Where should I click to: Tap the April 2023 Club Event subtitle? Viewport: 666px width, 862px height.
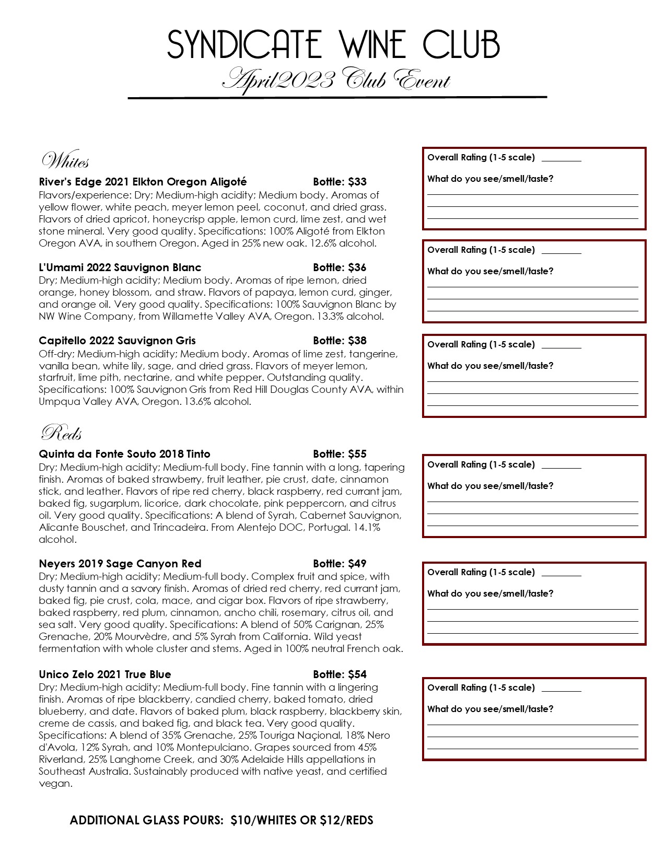pyautogui.click(x=336, y=80)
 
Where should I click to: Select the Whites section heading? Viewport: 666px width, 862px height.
pyautogui.click(x=65, y=161)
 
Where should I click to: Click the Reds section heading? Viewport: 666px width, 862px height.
pyautogui.click(x=61, y=433)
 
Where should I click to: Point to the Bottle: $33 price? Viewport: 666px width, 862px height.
pyautogui.click(x=340, y=182)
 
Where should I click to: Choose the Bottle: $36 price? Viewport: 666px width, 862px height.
pyautogui.click(x=340, y=267)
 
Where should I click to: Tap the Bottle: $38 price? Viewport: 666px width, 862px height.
pyautogui.click(x=340, y=341)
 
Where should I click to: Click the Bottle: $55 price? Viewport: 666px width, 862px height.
pyautogui.click(x=340, y=454)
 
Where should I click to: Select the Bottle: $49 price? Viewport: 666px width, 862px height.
pyautogui.click(x=340, y=564)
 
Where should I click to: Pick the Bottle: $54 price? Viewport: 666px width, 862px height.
pyautogui.click(x=340, y=674)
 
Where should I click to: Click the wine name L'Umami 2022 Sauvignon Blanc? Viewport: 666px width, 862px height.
pyautogui.click(x=120, y=267)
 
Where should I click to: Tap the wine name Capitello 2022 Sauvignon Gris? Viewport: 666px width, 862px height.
pyautogui.click(x=117, y=341)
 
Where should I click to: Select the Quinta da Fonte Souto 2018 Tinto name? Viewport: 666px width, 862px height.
pyautogui.click(x=124, y=454)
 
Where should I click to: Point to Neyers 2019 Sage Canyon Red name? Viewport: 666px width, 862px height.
pyautogui.click(x=120, y=564)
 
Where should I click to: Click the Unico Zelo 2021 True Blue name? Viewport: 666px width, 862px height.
pyautogui.click(x=104, y=674)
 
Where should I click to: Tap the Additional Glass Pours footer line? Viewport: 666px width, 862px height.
pyautogui.click(x=221, y=820)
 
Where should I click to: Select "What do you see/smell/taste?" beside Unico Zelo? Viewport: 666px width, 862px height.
pyautogui.click(x=490, y=709)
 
